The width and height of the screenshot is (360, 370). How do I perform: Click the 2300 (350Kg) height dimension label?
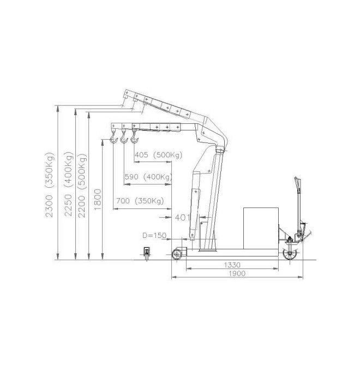(50, 185)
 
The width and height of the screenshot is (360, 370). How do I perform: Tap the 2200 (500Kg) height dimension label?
(82, 186)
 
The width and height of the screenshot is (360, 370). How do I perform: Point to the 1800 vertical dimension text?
(98, 199)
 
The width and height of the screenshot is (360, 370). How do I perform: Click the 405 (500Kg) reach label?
(159, 155)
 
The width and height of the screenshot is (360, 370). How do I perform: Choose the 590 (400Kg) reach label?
(148, 177)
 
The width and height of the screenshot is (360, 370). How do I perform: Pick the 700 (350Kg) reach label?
(140, 201)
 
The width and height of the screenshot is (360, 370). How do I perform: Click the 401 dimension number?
(182, 217)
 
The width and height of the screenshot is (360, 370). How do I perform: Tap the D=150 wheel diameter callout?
(154, 235)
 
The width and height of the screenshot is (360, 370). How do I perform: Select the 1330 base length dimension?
(232, 265)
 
